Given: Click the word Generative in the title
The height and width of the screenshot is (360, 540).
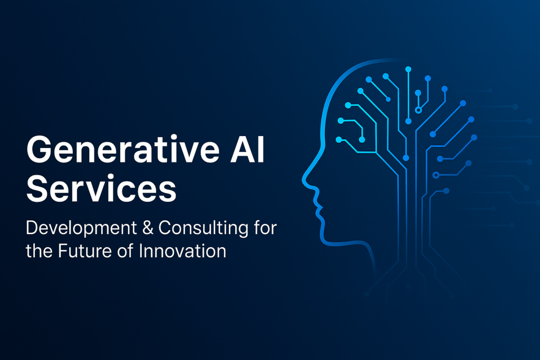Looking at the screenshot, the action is coord(123,149).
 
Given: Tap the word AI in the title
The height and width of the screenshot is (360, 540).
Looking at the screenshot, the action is coord(247,149).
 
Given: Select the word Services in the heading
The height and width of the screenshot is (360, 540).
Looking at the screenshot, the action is coord(101,188).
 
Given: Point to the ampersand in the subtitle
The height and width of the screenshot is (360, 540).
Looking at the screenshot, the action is coord(148,228).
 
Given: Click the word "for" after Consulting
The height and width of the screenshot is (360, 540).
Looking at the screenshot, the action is coord(265,228).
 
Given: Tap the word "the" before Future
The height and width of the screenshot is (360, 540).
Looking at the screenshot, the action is coord(39,251).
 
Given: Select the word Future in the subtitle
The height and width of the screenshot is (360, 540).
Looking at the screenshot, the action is coord(85,251).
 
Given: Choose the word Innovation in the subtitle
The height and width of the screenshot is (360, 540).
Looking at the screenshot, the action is coord(182,251).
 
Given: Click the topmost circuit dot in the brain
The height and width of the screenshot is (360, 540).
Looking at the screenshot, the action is coord(409,70).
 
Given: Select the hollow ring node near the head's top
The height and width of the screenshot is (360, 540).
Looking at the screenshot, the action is coord(418,110).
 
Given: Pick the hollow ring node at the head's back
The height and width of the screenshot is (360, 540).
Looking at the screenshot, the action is coord(436,175).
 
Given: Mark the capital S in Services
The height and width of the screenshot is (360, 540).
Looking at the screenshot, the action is coord(37,188).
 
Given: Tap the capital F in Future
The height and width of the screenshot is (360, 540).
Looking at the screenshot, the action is coord(63,251).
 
